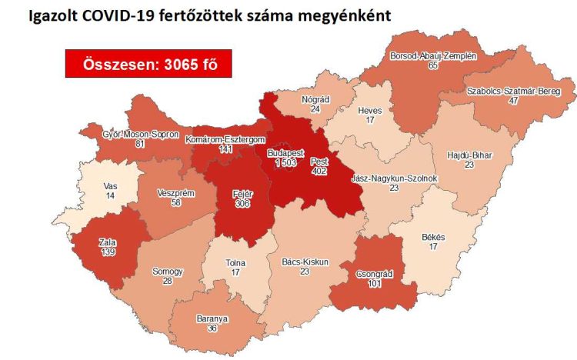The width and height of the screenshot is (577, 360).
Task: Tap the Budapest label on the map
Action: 285,154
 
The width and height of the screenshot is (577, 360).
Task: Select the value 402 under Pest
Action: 320,171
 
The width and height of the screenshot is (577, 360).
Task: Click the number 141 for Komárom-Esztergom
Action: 225,149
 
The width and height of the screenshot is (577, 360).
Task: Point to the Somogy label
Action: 168,272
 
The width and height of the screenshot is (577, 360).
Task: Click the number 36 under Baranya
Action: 212,328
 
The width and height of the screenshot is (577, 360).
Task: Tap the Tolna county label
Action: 235,262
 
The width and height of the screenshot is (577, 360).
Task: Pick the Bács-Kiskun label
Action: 305,262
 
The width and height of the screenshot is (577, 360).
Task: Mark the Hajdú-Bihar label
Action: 469,155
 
